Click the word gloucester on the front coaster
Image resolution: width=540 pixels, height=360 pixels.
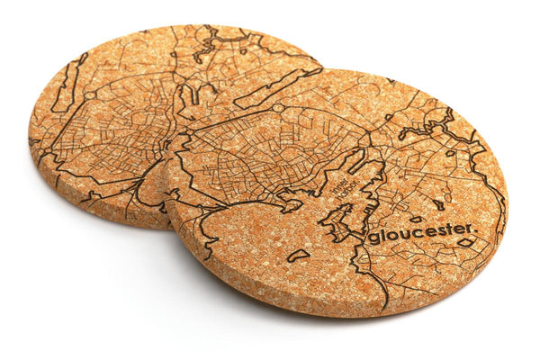point(420,233)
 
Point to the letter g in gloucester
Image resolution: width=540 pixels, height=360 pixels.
point(372,238)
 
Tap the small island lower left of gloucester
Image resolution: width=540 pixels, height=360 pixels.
point(298,256)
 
